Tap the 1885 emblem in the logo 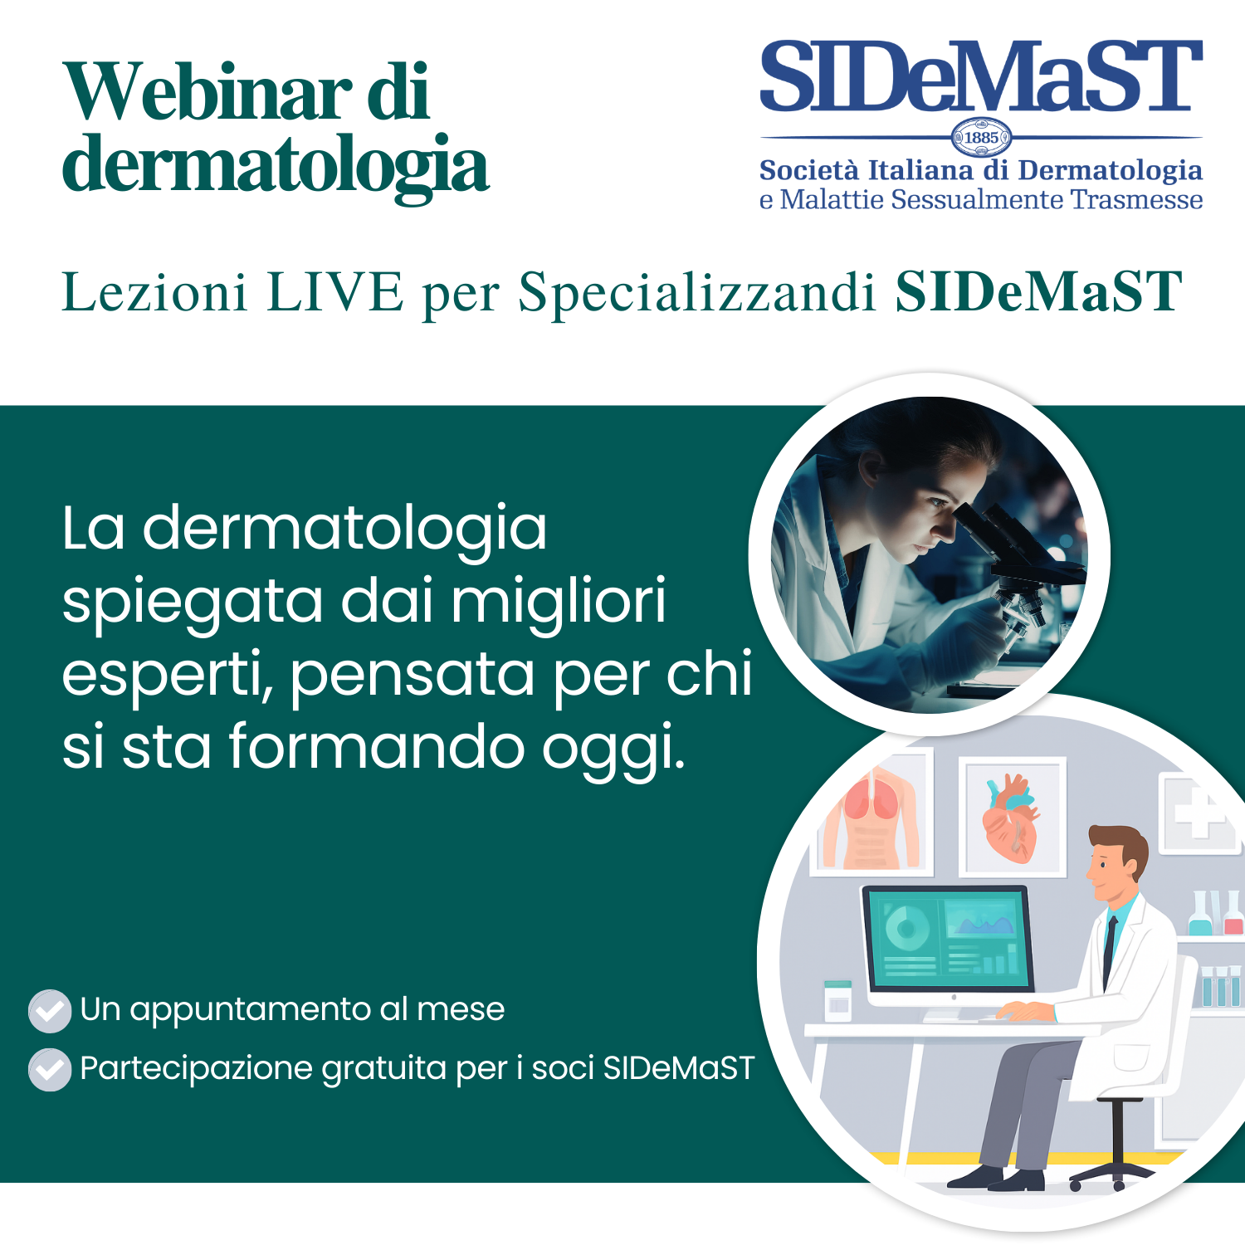(981, 138)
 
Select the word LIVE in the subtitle (335, 292)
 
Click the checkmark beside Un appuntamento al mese (50, 1011)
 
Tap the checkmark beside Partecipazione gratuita (50, 1070)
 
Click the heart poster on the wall (1012, 818)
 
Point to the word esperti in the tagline (167, 675)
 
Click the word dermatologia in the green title (276, 164)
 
